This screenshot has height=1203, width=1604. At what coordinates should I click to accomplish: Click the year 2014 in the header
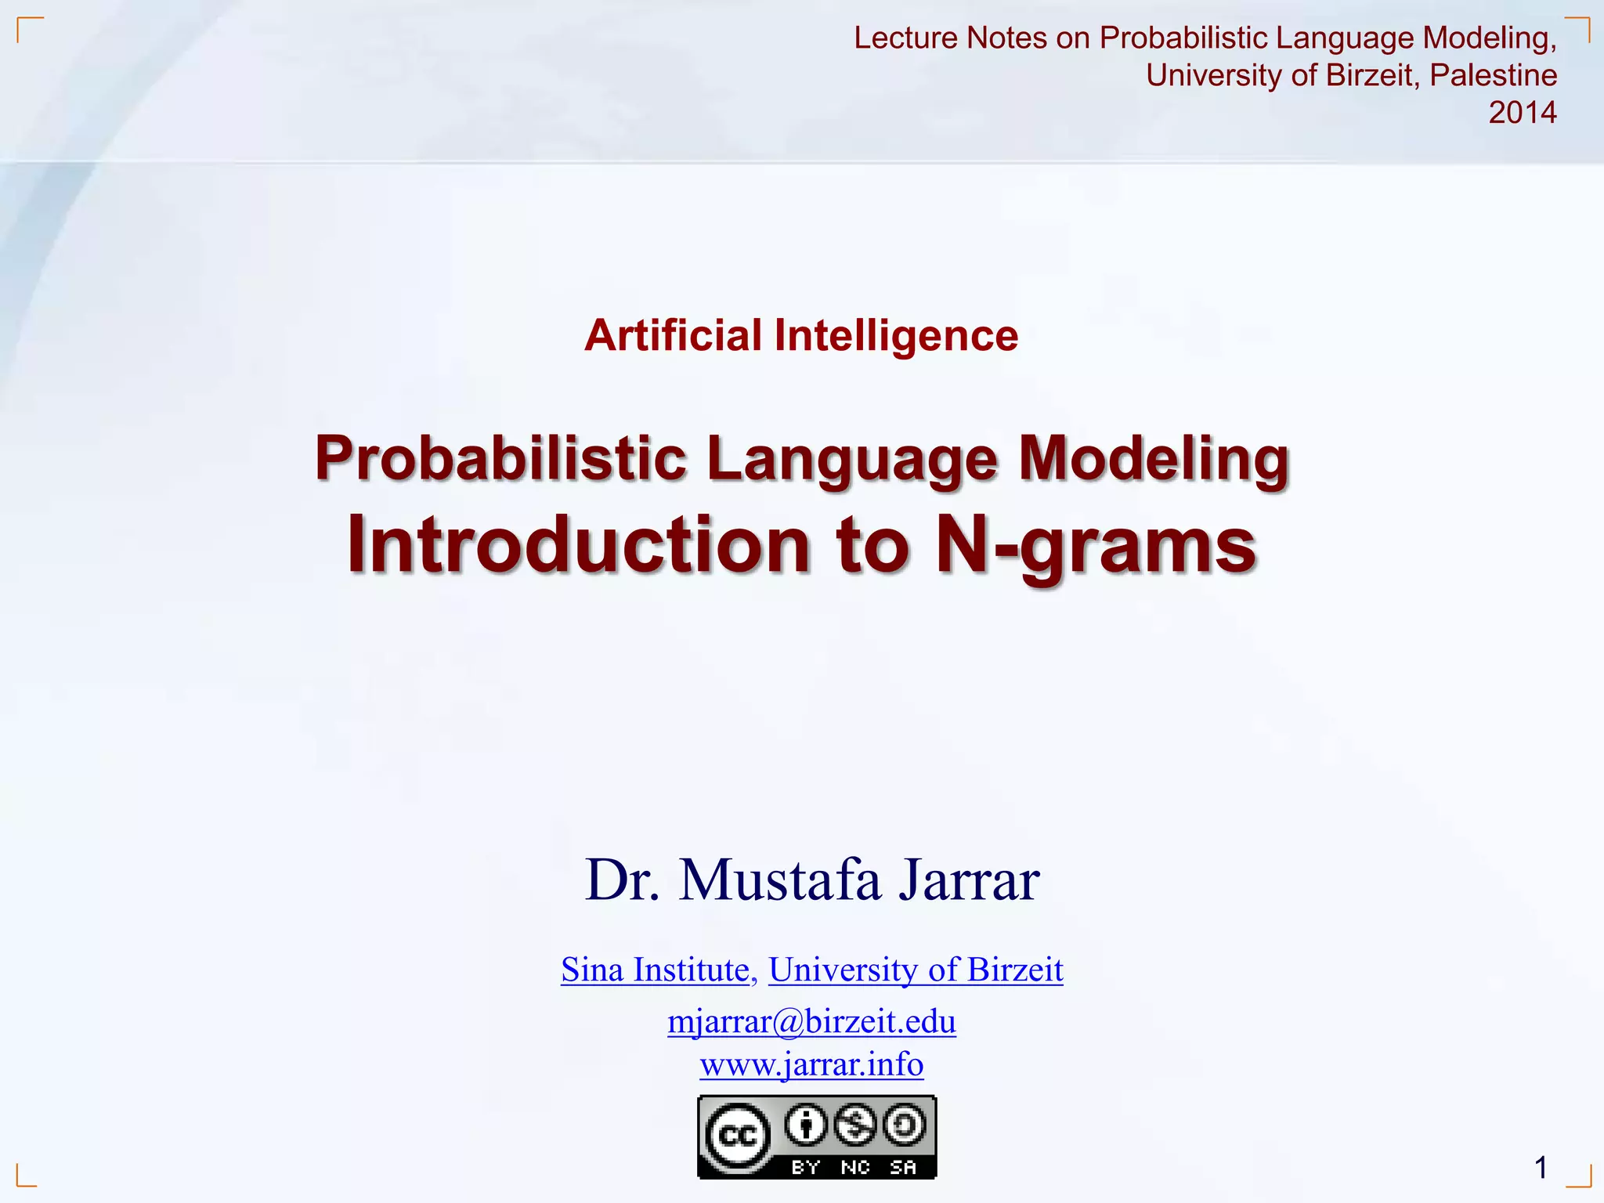click(x=1522, y=113)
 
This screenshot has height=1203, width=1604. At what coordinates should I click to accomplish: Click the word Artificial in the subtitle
click(x=673, y=336)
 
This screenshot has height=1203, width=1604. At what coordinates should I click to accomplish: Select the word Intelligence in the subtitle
click(x=896, y=336)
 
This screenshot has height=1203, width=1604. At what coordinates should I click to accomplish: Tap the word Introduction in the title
click(x=579, y=545)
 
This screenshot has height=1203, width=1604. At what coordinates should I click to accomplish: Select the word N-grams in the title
click(x=1096, y=545)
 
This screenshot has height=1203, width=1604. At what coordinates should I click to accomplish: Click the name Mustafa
click(x=780, y=880)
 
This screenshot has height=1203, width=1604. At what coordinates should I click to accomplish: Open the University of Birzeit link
click(x=916, y=970)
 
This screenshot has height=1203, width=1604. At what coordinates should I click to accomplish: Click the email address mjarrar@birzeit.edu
click(x=811, y=1021)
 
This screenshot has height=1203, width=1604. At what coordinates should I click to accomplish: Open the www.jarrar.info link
click(x=811, y=1064)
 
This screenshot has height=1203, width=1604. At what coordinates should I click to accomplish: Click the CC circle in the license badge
click(x=737, y=1135)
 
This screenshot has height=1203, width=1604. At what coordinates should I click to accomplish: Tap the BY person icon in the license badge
click(x=806, y=1125)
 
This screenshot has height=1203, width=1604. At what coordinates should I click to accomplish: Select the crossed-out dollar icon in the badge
click(x=855, y=1125)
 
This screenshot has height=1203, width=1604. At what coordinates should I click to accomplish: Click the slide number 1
click(x=1541, y=1168)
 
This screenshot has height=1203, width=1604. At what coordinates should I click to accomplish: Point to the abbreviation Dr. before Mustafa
click(x=623, y=880)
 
